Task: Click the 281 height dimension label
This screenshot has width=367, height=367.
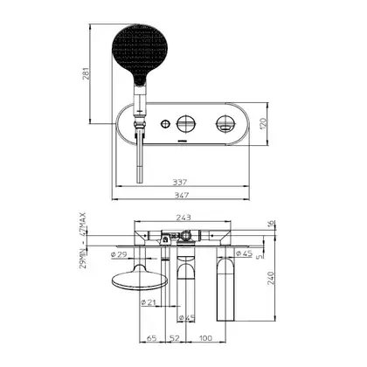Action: (x=87, y=73)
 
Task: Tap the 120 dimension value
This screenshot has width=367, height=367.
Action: (x=263, y=124)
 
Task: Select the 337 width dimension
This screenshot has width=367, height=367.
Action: (x=180, y=183)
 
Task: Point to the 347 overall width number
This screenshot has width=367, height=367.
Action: (x=182, y=195)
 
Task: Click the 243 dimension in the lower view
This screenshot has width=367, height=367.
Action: (x=183, y=218)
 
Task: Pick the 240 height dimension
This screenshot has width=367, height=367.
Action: (x=271, y=278)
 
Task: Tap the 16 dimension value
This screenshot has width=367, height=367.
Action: (x=271, y=224)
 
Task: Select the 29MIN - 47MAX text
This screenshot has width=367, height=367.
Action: (x=83, y=240)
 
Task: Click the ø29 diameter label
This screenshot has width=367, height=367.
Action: (x=119, y=254)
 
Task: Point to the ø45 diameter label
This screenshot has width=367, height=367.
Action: (x=244, y=253)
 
